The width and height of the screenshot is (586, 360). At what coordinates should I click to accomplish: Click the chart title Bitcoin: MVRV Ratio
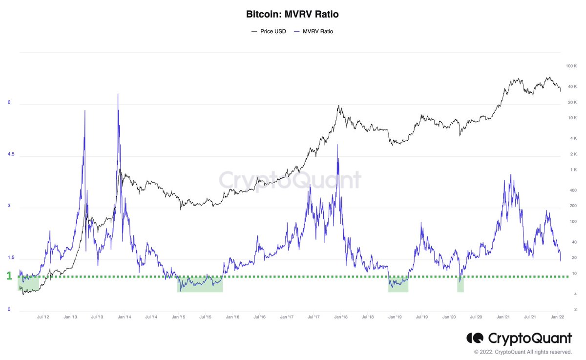coord(292,14)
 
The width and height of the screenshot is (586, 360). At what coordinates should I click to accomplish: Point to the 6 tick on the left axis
coord(9,103)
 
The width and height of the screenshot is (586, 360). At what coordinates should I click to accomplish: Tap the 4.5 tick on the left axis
coord(11,154)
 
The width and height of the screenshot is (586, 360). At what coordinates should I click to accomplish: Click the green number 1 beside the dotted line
coord(9,276)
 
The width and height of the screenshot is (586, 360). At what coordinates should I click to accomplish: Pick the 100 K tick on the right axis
coord(571,66)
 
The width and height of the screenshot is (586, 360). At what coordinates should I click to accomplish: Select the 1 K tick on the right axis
coord(573,170)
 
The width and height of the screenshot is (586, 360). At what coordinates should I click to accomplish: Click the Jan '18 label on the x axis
coord(341,317)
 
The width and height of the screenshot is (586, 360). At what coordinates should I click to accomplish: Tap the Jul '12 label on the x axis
coord(43,317)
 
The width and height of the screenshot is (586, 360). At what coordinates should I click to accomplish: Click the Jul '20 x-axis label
coord(476,317)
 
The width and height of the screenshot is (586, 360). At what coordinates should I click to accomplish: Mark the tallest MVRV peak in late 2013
coord(118,96)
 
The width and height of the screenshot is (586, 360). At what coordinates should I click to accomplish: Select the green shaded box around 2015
coord(200,284)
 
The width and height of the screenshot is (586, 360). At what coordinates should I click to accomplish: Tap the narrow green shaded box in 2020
coord(460,284)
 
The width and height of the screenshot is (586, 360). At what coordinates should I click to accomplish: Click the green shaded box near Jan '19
coord(398,284)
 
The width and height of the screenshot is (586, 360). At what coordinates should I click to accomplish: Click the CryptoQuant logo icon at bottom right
coord(475,338)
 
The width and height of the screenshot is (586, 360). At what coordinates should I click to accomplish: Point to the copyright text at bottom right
coord(523,352)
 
